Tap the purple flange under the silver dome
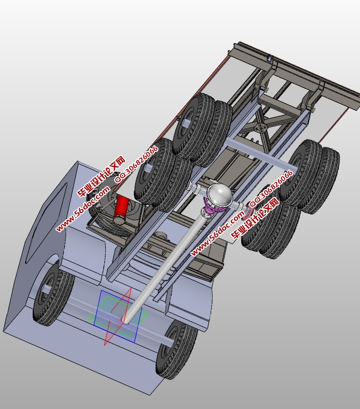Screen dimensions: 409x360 pos(214,209)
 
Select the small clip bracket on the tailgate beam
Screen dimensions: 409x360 pos(269,61)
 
